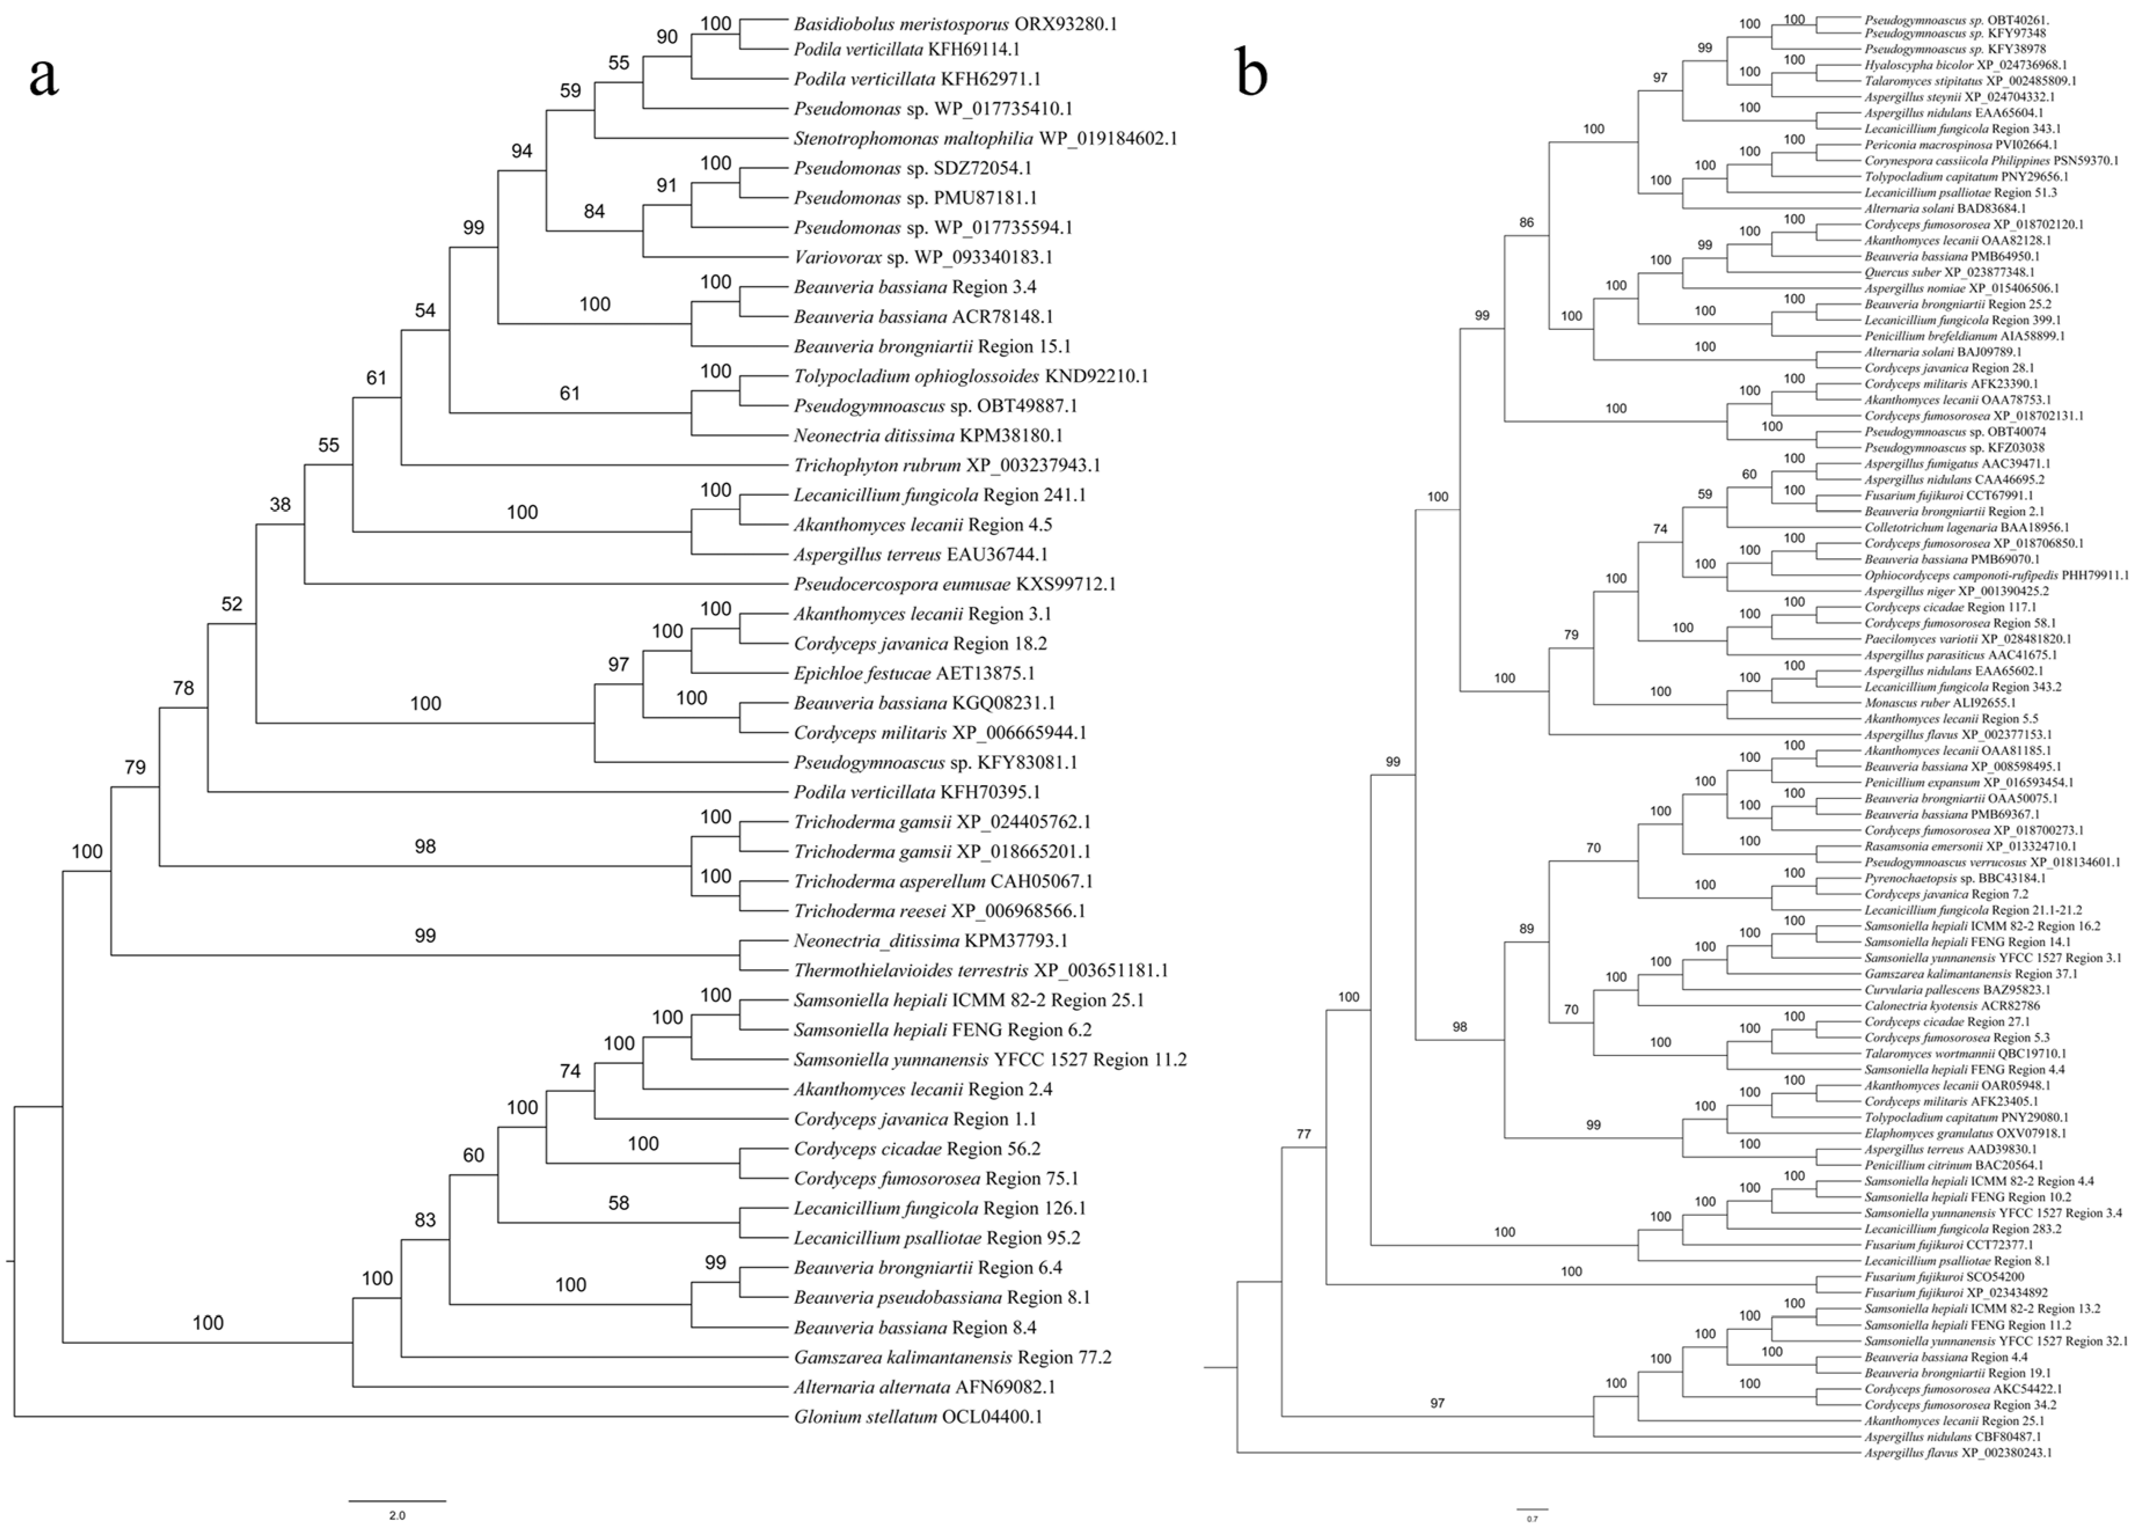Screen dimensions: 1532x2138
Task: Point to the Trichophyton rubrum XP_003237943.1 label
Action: (946, 465)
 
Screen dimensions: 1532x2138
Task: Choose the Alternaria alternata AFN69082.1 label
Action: (924, 1387)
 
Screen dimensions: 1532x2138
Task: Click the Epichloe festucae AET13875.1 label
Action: (913, 673)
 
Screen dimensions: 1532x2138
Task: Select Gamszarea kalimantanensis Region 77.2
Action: (952, 1358)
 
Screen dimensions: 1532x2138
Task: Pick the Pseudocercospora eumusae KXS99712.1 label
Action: (954, 584)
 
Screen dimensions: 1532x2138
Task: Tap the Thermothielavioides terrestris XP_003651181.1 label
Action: (980, 970)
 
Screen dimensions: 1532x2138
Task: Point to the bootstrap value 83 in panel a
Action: (425, 1220)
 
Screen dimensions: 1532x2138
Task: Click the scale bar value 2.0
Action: (397, 1516)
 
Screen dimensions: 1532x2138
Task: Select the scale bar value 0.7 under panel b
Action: (1532, 1519)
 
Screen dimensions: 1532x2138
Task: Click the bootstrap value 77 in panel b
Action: (1303, 1135)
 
